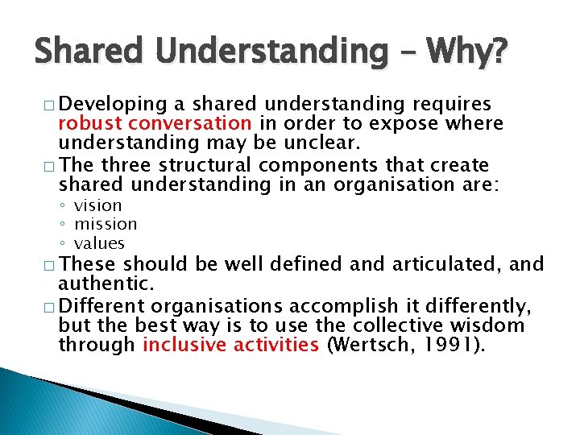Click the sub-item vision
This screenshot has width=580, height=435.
point(97,206)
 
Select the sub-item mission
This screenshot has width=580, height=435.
point(106,224)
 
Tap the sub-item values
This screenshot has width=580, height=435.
point(99,242)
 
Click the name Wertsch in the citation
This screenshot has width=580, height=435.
point(371,345)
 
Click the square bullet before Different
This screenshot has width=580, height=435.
point(49,307)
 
